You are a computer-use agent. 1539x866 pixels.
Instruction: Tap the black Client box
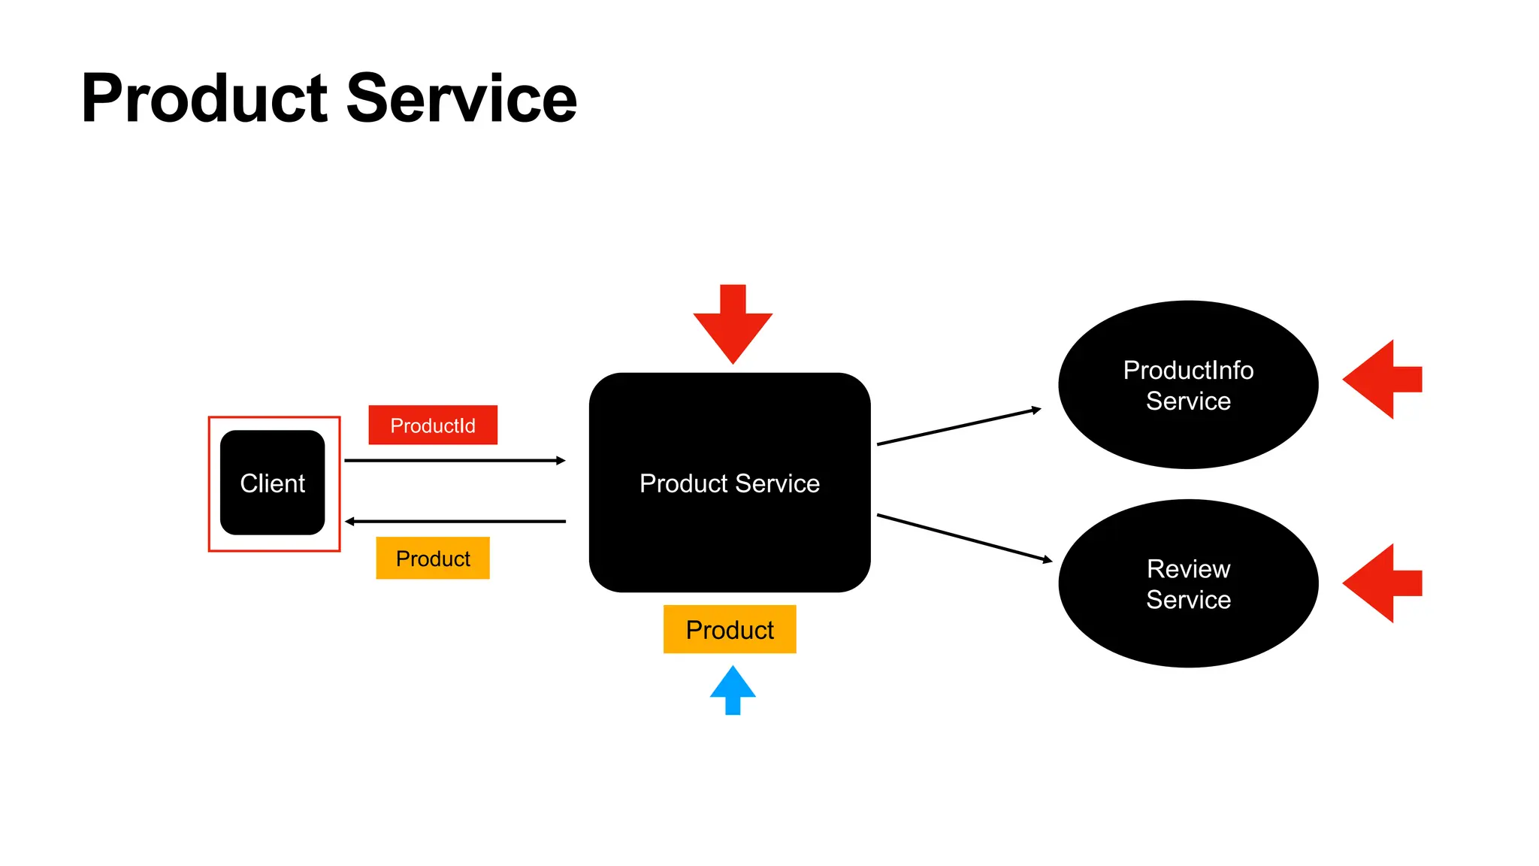pyautogui.click(x=272, y=483)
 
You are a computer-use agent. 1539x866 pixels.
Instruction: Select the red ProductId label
pyautogui.click(x=432, y=425)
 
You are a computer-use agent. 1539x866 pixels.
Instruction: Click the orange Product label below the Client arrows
pyautogui.click(x=432, y=559)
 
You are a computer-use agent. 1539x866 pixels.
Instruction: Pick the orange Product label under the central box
pyautogui.click(x=729, y=629)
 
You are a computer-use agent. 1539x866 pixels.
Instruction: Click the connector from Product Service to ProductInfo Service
pyautogui.click(x=958, y=427)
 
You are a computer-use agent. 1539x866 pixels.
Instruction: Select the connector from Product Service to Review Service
pyautogui.click(x=964, y=537)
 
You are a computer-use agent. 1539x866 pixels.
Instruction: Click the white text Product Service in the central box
pyautogui.click(x=729, y=483)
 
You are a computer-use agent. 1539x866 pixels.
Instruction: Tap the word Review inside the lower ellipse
pyautogui.click(x=1188, y=569)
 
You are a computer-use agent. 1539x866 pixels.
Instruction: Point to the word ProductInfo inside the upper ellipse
pyautogui.click(x=1188, y=370)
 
